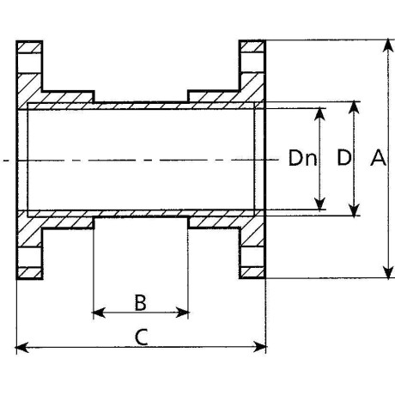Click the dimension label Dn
pyautogui.click(x=302, y=158)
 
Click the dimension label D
pyautogui.click(x=343, y=157)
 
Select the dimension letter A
pyautogui.click(x=378, y=157)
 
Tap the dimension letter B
pyautogui.click(x=141, y=302)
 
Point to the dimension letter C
pyautogui.click(x=141, y=337)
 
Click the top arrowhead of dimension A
pyautogui.click(x=388, y=46)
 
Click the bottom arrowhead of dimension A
pyautogui.click(x=388, y=272)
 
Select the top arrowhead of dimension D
pyautogui.click(x=355, y=107)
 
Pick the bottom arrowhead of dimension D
pyautogui.click(x=355, y=210)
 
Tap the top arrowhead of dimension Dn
pyautogui.click(x=319, y=114)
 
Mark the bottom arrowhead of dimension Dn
pyautogui.click(x=319, y=204)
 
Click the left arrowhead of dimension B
pyautogui.click(x=99, y=313)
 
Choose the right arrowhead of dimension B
pyautogui.click(x=182, y=313)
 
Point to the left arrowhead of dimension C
pyautogui.click(x=22, y=347)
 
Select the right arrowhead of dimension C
pyautogui.click(x=260, y=347)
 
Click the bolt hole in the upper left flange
pyautogui.click(x=29, y=64)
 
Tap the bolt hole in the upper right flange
pyautogui.click(x=252, y=63)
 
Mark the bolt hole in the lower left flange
pyautogui.click(x=29, y=257)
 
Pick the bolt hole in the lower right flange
pyautogui.click(x=252, y=257)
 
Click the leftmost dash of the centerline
pyautogui.click(x=6, y=161)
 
